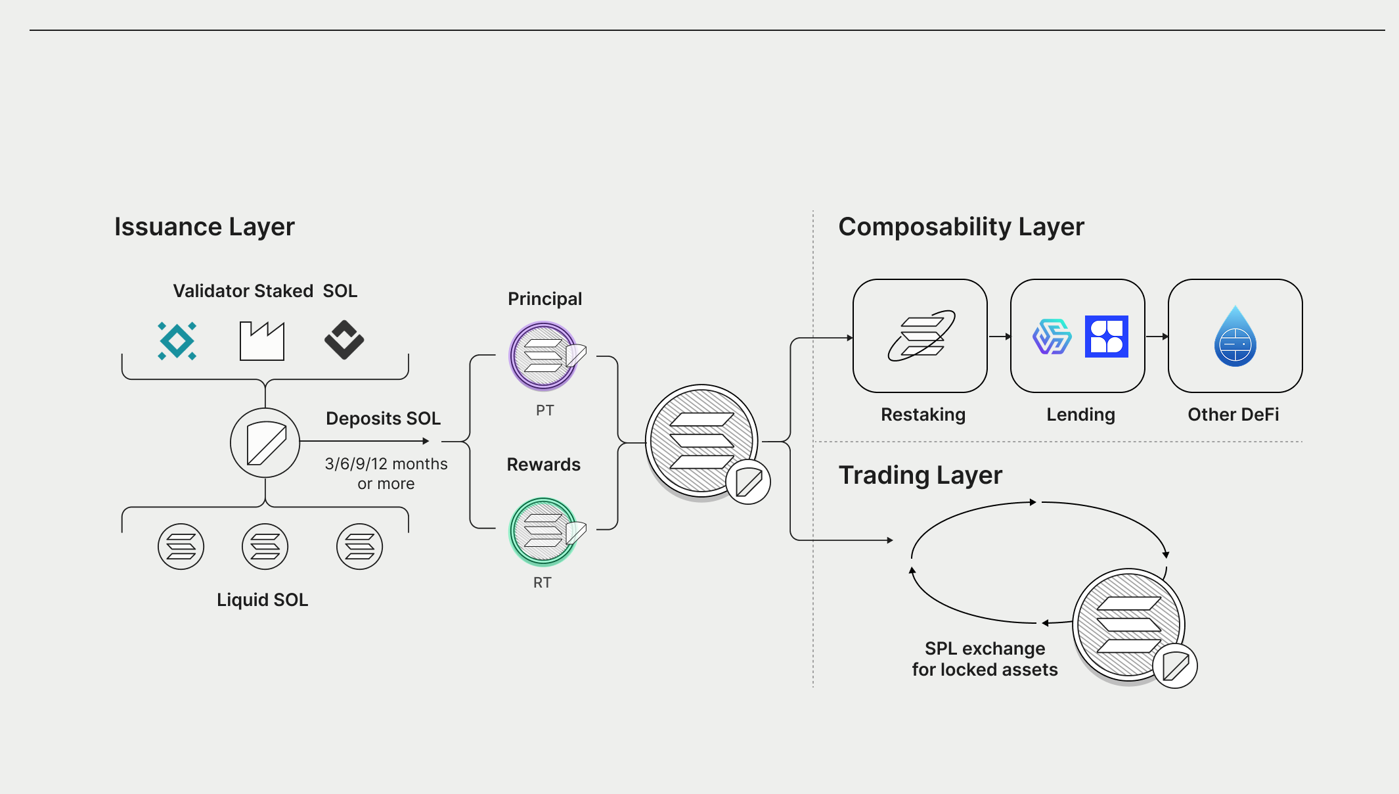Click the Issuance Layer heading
click(x=204, y=227)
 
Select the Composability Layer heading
click(x=961, y=227)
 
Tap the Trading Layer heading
click(x=920, y=475)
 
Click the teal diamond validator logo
click(x=177, y=340)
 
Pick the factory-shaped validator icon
click(x=261, y=341)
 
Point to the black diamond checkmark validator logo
click(x=344, y=340)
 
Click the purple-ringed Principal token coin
click(x=544, y=356)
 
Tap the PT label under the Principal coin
click(x=544, y=411)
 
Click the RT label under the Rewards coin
click(x=542, y=583)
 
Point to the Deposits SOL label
click(x=383, y=419)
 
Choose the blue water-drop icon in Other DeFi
click(x=1235, y=337)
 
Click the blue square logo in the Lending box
click(x=1106, y=337)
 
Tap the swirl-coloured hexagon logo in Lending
click(x=1052, y=337)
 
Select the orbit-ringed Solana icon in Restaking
click(x=921, y=336)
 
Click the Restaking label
click(x=923, y=415)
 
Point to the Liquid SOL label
click(x=262, y=600)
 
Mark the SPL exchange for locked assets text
click(x=985, y=659)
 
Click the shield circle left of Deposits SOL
click(x=265, y=442)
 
